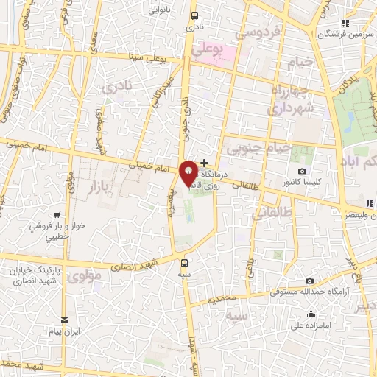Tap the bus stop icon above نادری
tap(194, 15)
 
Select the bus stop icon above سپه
tap(184, 262)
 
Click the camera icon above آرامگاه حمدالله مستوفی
tap(309, 281)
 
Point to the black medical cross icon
tap(204, 162)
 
